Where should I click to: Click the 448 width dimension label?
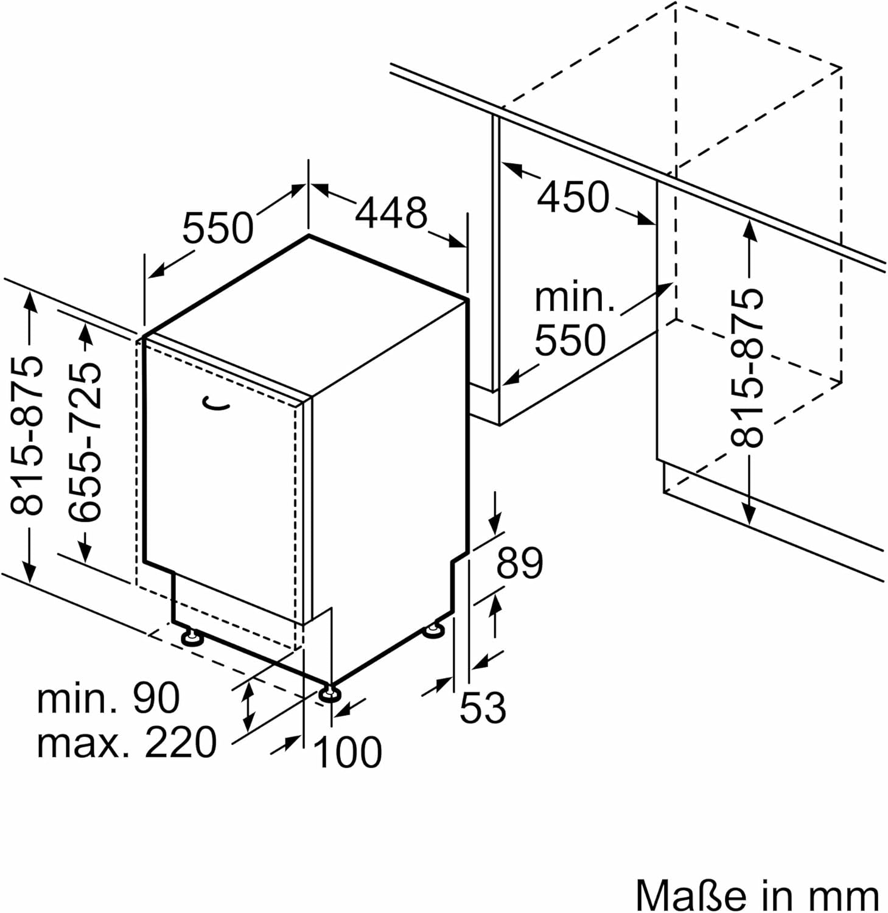pyautogui.click(x=391, y=213)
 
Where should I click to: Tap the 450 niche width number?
pyautogui.click(x=573, y=197)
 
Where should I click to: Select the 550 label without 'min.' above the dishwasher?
pyautogui.click(x=218, y=228)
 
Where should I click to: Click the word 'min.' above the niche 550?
pyautogui.click(x=575, y=298)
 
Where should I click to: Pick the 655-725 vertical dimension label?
pyautogui.click(x=85, y=443)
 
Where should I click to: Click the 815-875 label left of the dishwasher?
pyautogui.click(x=28, y=435)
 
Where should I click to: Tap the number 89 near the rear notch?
pyautogui.click(x=519, y=564)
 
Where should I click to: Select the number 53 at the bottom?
pyautogui.click(x=483, y=708)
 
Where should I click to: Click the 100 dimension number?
pyautogui.click(x=348, y=752)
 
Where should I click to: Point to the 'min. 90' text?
pyautogui.click(x=108, y=698)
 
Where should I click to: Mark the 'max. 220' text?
pyautogui.click(x=127, y=743)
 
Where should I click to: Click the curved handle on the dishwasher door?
pyautogui.click(x=216, y=404)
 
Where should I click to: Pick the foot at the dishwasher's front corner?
pyautogui.click(x=330, y=694)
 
